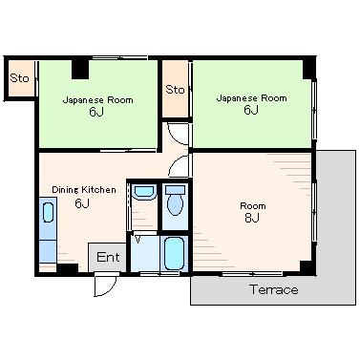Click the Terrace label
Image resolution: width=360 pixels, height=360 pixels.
[x=274, y=289]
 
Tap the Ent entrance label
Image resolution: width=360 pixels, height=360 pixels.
[x=108, y=257]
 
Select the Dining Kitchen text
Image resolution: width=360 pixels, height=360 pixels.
[x=84, y=190]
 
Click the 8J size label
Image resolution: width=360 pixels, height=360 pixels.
[x=252, y=218]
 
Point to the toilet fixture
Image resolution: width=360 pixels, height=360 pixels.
[x=175, y=201]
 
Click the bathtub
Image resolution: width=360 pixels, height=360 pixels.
[x=175, y=253]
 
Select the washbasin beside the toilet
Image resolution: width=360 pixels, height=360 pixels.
[x=144, y=192]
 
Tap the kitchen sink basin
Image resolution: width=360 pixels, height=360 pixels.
[x=48, y=212]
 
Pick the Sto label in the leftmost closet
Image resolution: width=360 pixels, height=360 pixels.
[x=19, y=78]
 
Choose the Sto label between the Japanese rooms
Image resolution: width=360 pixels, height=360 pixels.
[x=175, y=90]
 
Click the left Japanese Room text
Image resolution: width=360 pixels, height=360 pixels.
[x=97, y=100]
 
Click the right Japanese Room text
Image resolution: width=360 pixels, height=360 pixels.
[x=251, y=97]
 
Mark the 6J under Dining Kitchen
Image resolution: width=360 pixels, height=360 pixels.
[x=82, y=203]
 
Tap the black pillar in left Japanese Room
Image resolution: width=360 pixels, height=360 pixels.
[x=80, y=69]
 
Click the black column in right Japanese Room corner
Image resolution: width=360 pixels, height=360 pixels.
[x=308, y=69]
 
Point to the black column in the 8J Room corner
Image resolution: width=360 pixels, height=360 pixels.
[x=307, y=267]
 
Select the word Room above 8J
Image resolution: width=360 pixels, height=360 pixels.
[x=253, y=206]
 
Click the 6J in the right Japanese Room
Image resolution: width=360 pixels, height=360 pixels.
[x=251, y=110]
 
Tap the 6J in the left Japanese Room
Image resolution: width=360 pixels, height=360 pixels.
[x=96, y=112]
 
